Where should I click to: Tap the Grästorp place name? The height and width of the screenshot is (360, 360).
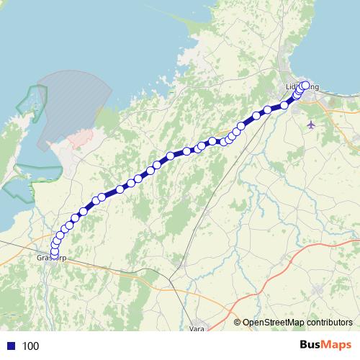[x=50, y=257]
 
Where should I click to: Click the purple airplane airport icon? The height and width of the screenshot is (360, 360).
[x=311, y=125]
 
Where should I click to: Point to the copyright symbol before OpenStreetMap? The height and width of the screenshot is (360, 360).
[x=237, y=323]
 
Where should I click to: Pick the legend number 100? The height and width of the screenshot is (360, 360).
[x=30, y=346]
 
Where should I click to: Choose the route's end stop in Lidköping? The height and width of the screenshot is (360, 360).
[x=305, y=85]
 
